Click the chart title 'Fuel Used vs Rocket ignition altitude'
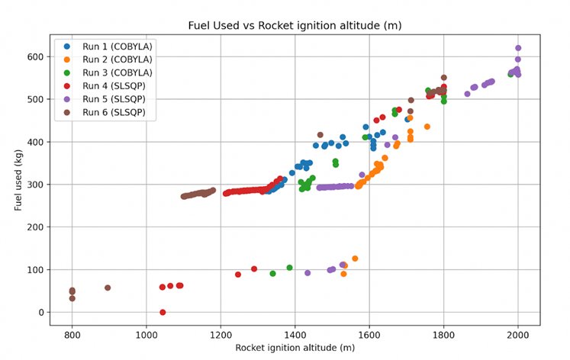[295, 26]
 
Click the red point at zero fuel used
[163, 312]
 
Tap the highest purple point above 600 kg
[518, 48]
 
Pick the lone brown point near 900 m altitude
[108, 288]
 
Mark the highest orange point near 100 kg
[355, 259]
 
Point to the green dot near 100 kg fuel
[289, 268]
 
